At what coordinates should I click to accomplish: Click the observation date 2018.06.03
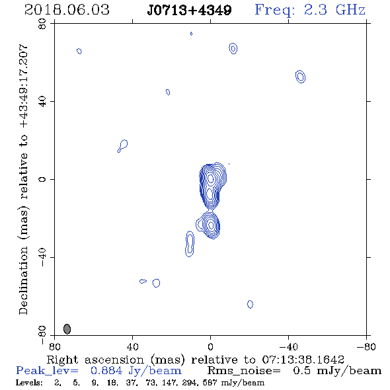click(x=67, y=10)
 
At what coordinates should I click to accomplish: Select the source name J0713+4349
click(x=189, y=10)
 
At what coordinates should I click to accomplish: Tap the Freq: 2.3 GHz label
click(x=310, y=10)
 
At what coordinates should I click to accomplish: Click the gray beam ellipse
click(x=67, y=329)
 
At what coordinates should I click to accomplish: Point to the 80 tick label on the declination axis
click(x=42, y=24)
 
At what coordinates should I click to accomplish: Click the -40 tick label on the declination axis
click(x=42, y=257)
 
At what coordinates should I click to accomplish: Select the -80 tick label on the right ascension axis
click(x=366, y=347)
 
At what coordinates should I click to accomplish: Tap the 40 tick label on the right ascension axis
click(x=133, y=347)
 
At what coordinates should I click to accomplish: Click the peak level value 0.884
click(x=106, y=371)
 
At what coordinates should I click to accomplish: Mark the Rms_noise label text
click(x=244, y=371)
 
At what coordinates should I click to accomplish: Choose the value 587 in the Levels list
click(x=210, y=382)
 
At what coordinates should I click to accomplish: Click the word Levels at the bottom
click(x=29, y=382)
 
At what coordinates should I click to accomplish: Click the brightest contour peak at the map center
click(x=211, y=178)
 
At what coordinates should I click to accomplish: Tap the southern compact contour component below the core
click(x=210, y=225)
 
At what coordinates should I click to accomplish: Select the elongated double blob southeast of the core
click(x=190, y=244)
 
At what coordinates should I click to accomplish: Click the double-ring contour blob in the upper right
click(x=301, y=77)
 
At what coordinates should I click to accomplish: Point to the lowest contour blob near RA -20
click(x=251, y=304)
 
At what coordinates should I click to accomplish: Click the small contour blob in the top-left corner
click(x=79, y=51)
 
